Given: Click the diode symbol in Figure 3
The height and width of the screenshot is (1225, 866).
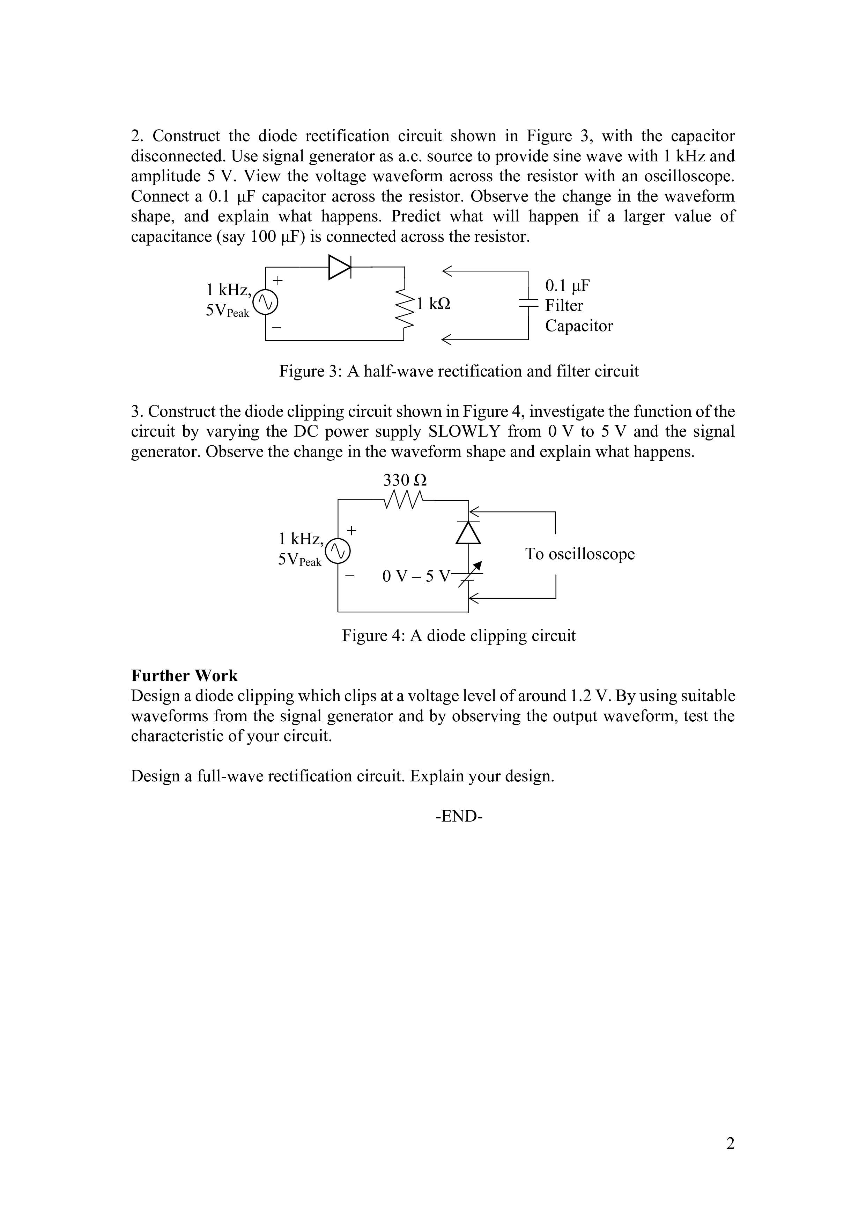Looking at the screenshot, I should click(340, 267).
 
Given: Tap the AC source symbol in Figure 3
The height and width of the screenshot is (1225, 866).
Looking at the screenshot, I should click(265, 303).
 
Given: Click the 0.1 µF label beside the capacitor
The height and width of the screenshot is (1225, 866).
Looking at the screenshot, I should click(567, 286).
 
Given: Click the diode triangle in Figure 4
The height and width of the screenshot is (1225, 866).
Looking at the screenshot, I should click(468, 532).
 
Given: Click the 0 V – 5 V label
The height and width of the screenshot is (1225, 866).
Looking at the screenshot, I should click(416, 576).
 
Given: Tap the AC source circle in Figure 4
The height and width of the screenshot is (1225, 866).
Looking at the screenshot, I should click(338, 551).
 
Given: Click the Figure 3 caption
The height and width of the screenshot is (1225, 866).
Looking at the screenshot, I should click(459, 371).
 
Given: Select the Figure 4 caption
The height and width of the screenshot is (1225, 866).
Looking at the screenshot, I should click(459, 635).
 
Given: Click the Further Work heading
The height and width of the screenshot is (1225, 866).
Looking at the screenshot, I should click(184, 676).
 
